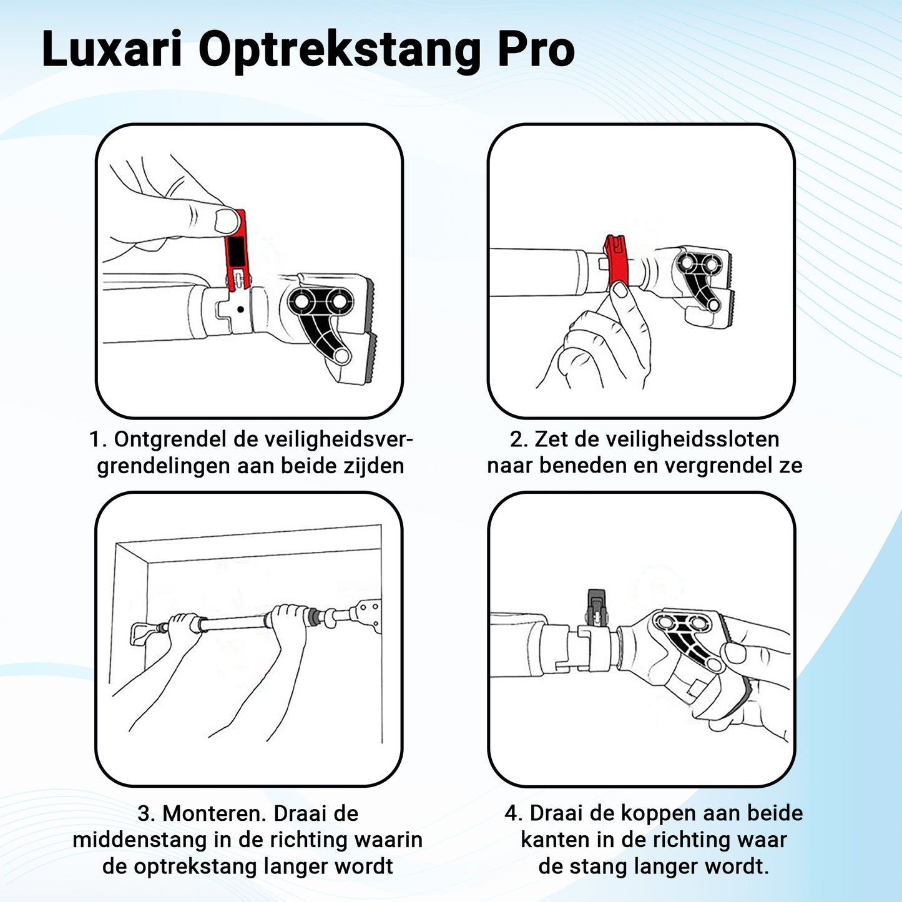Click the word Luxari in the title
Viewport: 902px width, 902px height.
pyautogui.click(x=111, y=49)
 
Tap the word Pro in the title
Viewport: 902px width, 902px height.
pyautogui.click(x=536, y=49)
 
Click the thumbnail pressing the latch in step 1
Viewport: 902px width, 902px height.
pyautogui.click(x=226, y=220)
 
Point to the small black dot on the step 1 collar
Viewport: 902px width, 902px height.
pyautogui.click(x=240, y=309)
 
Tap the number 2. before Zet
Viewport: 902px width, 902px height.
pyautogui.click(x=519, y=440)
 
